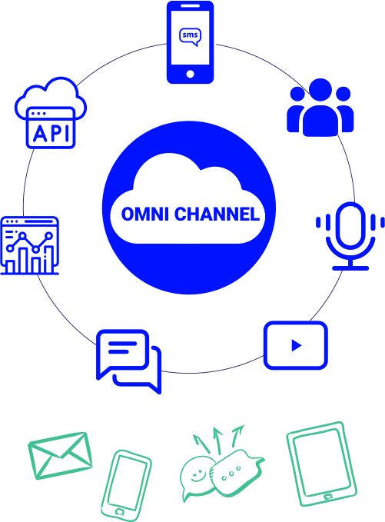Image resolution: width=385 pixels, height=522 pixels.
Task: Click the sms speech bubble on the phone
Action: pos(190,36)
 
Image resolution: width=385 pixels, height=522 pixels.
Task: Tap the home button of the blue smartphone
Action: pos(190,74)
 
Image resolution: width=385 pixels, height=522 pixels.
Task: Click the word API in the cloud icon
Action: pos(51,134)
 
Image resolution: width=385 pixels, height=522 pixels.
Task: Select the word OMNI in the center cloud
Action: pos(144,214)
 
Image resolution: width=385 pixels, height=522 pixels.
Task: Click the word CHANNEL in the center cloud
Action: pos(217,214)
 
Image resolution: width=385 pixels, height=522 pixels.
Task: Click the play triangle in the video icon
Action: pos(296,345)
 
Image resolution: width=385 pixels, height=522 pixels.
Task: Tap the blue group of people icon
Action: pos(320,107)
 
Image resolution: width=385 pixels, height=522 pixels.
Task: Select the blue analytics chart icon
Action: pos(30,246)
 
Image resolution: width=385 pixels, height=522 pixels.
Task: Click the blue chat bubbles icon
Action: pos(129,361)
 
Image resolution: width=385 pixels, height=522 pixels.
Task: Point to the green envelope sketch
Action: pos(60,455)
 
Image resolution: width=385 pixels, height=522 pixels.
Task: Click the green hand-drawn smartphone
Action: pos(126,485)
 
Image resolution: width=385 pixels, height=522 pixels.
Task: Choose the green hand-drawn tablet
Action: pos(321,464)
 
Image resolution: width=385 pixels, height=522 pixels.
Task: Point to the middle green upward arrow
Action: pos(218,441)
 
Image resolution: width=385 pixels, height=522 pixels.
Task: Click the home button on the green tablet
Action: pos(328,497)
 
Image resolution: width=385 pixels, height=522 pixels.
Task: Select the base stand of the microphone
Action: pos(350,268)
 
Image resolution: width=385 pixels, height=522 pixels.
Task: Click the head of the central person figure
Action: pos(320,89)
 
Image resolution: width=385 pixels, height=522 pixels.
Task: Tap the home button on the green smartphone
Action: pos(120,511)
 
